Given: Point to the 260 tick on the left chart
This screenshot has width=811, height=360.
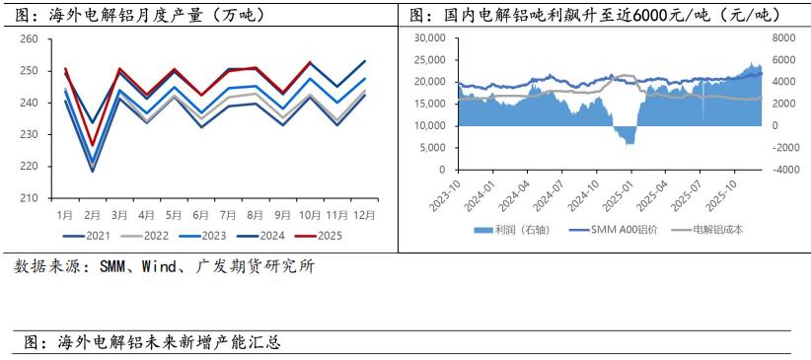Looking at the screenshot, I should (x=29, y=39).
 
